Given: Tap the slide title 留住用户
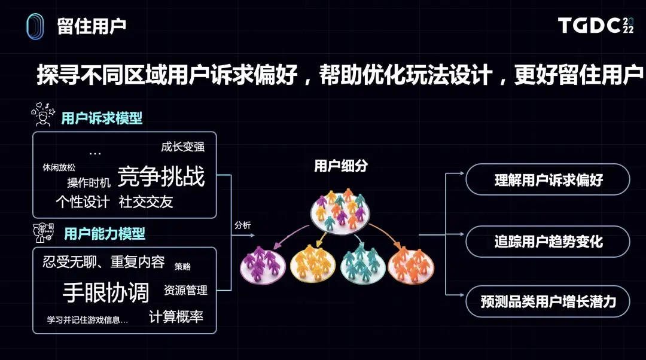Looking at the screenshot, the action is (x=92, y=26).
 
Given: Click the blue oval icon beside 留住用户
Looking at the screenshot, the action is (x=35, y=26).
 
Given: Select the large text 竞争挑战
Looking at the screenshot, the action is (x=161, y=176).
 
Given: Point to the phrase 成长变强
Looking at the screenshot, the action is (x=182, y=147).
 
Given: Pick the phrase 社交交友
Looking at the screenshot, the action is (x=146, y=202).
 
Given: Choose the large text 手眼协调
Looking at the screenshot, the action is (x=106, y=292).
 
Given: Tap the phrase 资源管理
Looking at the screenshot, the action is (x=185, y=291).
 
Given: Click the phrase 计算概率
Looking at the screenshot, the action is (x=176, y=317).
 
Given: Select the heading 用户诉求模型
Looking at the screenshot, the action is (x=102, y=118).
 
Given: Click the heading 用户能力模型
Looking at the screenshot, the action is (x=105, y=233).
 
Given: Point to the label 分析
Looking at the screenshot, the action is (x=243, y=225).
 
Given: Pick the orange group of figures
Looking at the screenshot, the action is (x=412, y=266).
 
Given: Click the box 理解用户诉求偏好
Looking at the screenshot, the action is (x=548, y=179).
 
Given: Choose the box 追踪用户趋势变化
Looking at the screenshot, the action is (x=548, y=242).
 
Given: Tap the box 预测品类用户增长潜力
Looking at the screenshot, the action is (x=548, y=301).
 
